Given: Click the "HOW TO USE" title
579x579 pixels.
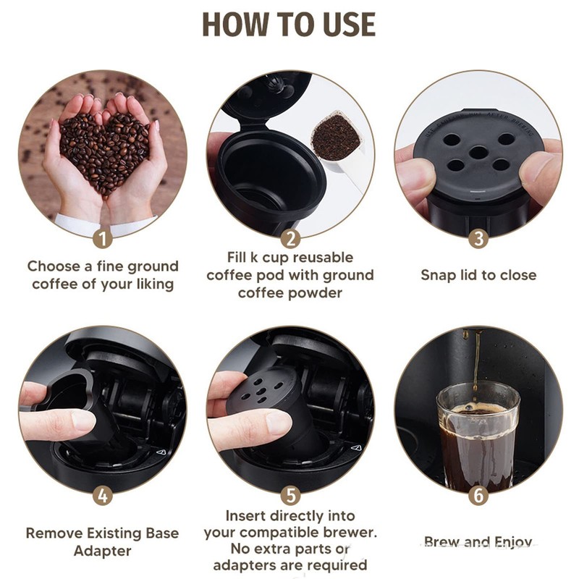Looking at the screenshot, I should (x=289, y=25).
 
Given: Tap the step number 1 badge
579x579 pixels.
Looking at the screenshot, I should (x=103, y=238).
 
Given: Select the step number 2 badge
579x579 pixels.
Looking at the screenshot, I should (x=290, y=238).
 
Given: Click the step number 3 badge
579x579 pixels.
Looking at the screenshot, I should (x=478, y=238).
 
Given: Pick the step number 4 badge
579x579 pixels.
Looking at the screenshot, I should (x=103, y=496).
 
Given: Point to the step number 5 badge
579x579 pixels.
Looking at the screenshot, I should (x=290, y=496).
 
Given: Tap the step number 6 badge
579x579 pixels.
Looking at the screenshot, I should (x=478, y=496).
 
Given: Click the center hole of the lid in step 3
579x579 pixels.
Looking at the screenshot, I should (x=478, y=152).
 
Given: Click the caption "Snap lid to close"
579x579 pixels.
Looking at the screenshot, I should (x=478, y=275).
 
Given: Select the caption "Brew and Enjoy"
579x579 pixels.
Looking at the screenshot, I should (x=478, y=542).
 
